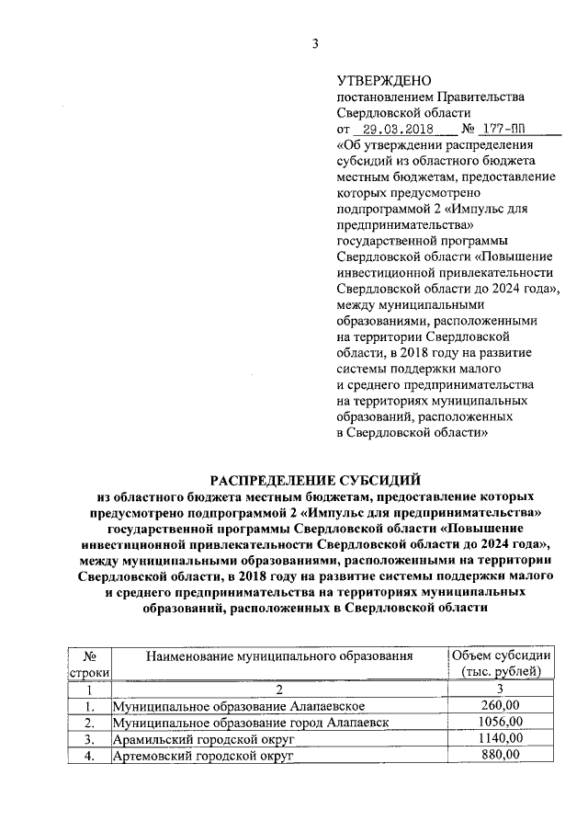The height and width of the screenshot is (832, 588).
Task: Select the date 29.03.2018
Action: [390, 130]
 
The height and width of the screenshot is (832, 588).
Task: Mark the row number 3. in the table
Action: [90, 738]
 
